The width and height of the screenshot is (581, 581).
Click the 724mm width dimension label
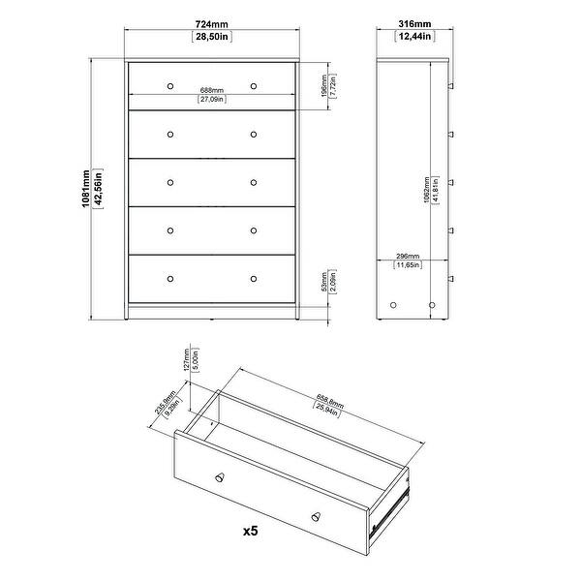[x=212, y=22]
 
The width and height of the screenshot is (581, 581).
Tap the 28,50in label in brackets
[x=212, y=37]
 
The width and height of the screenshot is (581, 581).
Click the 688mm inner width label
[x=212, y=89]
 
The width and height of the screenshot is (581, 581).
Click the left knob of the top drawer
[x=169, y=85]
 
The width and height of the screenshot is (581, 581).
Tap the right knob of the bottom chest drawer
[x=254, y=278]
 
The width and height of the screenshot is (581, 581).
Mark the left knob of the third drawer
[x=169, y=182]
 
